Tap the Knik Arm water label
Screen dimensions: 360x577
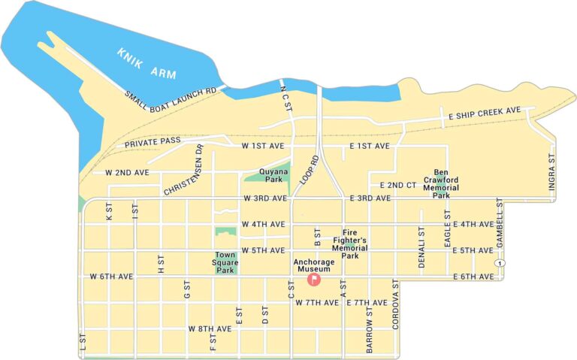[x=146, y=64]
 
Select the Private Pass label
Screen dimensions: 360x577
[x=153, y=142]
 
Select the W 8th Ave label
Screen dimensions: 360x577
[x=210, y=329]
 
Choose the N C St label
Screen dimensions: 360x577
[x=285, y=98]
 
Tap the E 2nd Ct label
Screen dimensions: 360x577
[x=398, y=185]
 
